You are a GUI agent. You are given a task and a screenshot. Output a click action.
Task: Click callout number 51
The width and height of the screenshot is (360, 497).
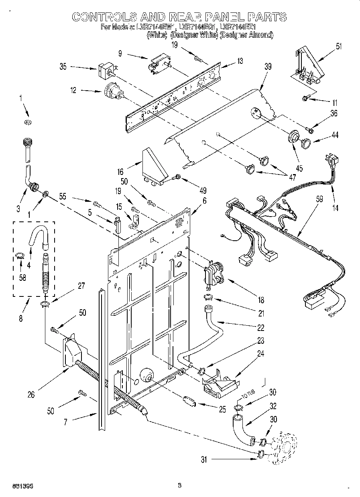[340, 47]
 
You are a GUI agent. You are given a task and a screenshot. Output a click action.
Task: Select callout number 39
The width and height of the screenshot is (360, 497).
[268, 67]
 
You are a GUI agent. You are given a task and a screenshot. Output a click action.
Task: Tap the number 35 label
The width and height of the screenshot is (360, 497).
[63, 67]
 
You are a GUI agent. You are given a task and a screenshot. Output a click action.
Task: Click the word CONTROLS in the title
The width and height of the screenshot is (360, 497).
[102, 17]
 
